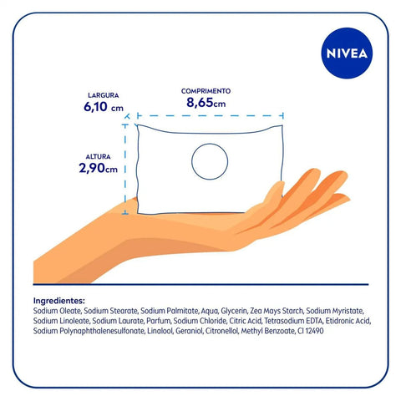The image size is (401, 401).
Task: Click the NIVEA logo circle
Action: pos(348,52)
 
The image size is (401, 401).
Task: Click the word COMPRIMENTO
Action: pos(206,89)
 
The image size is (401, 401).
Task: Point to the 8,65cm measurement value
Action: pos(206,103)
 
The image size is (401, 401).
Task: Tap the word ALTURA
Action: pos(99,155)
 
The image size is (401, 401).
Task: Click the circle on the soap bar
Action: pos(209,160)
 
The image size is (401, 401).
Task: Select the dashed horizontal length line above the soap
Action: pos(210,117)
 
